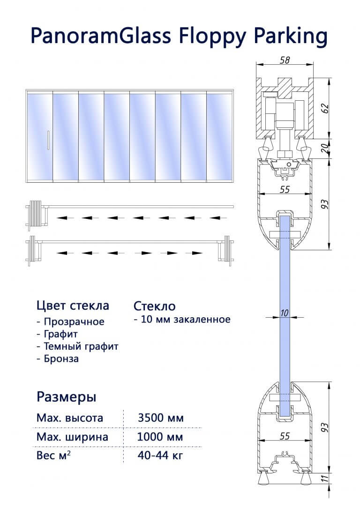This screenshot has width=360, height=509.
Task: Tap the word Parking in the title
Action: pos(291,37)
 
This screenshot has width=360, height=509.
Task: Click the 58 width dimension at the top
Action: pos(284,60)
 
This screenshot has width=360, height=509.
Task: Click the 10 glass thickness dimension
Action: pos(284,312)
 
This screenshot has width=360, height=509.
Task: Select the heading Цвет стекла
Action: pos(73,306)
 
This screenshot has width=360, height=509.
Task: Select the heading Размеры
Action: pos(67,397)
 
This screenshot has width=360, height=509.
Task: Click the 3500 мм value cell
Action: pos(161,418)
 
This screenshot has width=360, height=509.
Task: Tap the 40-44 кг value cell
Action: pos(160,455)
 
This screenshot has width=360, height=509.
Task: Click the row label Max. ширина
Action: pos(72,437)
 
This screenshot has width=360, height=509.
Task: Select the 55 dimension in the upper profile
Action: pos(285,190)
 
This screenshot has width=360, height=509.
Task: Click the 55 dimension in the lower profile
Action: pos(285,436)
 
